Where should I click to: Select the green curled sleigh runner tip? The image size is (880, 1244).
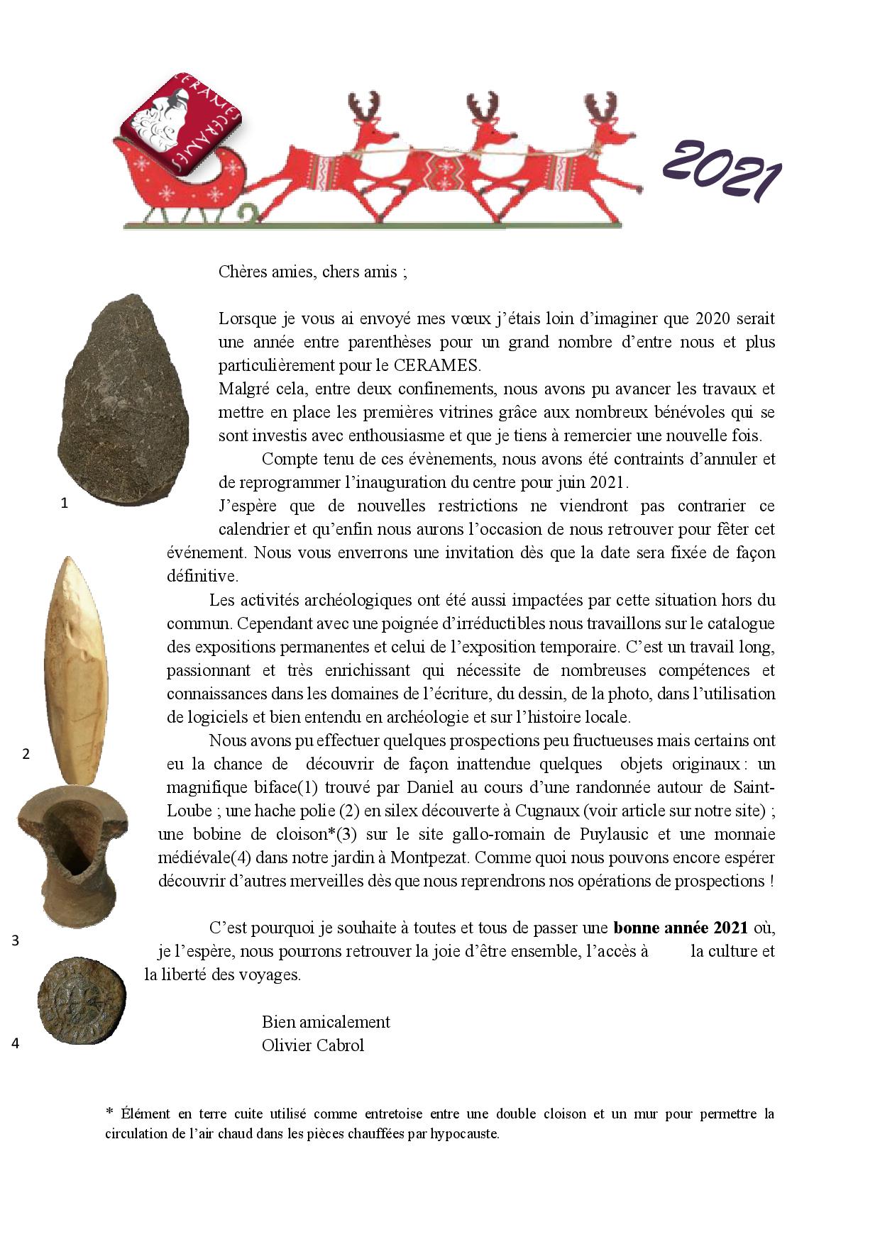pyautogui.click(x=248, y=212)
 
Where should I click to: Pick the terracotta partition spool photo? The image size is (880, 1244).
pyautogui.click(x=73, y=854)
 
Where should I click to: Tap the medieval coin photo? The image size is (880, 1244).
pyautogui.click(x=81, y=1001)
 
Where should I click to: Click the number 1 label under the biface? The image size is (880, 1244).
pyautogui.click(x=65, y=504)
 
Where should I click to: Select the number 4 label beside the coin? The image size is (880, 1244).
pyautogui.click(x=15, y=1043)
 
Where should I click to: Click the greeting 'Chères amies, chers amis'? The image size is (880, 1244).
pyautogui.click(x=312, y=272)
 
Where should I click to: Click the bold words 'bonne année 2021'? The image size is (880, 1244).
pyautogui.click(x=680, y=928)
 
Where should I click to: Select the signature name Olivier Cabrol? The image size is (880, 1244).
pyautogui.click(x=312, y=1045)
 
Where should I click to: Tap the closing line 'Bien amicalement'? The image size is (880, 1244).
pyautogui.click(x=326, y=1022)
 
